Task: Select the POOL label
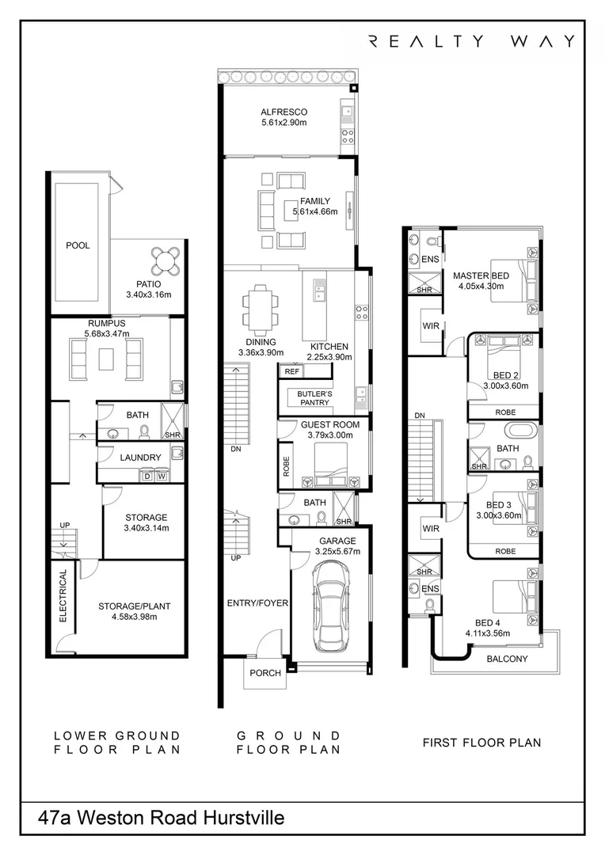78,245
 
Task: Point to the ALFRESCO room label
283,112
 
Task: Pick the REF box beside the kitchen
291,371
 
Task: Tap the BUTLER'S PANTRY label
316,398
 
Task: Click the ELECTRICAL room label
63,595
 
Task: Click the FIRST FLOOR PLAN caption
481,743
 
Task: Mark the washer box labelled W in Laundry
162,476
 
